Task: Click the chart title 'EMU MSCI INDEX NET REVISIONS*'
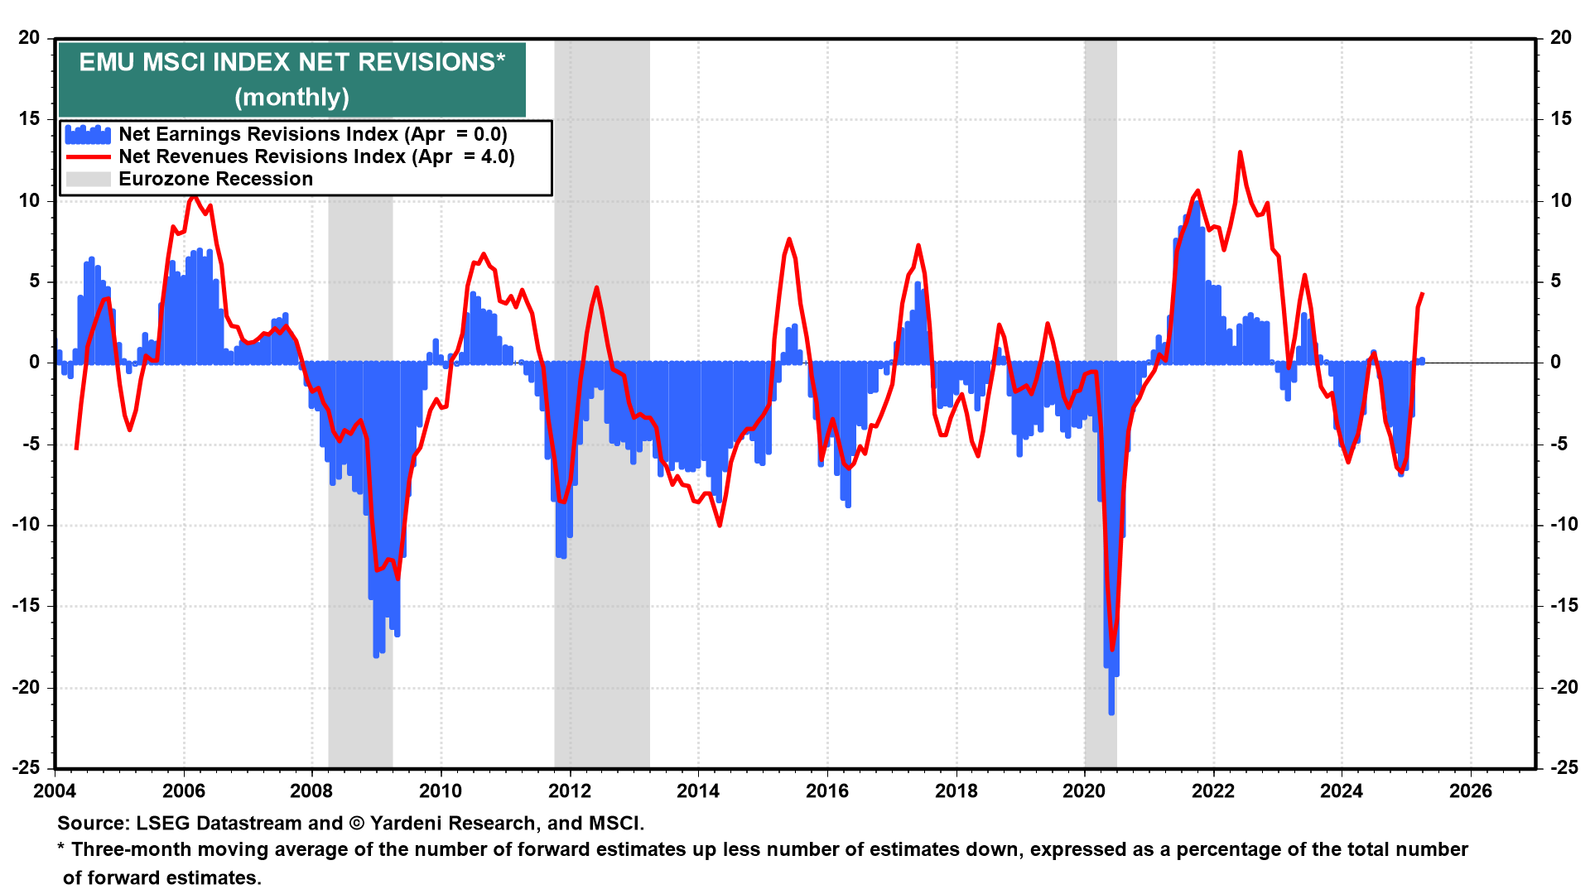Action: click(291, 62)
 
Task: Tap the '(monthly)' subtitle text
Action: click(291, 98)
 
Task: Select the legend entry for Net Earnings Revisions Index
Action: click(312, 134)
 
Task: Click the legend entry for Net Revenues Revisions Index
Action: click(316, 156)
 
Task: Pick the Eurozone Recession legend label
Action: click(215, 179)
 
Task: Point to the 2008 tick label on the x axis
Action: click(311, 791)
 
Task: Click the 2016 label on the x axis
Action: click(827, 791)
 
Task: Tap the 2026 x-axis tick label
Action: click(1471, 791)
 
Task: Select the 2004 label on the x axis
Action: click(55, 791)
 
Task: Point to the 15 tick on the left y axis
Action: click(29, 119)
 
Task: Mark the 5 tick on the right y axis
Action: click(1555, 281)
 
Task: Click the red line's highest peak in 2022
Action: click(1240, 153)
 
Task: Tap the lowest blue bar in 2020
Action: click(1111, 712)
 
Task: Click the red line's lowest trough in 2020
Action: click(1112, 650)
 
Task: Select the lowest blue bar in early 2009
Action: click(376, 655)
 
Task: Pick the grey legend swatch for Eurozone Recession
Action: click(88, 179)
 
